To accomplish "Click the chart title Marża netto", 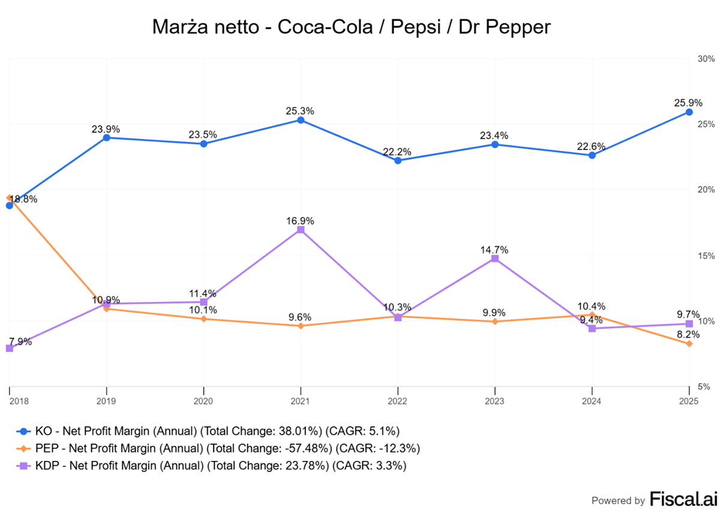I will tap(350, 26).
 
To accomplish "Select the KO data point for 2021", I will tap(301, 120).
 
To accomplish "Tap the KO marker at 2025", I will tap(689, 112).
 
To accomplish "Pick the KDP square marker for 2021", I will tap(301, 230).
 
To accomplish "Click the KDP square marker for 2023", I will tap(495, 259).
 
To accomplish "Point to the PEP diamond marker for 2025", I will tap(689, 344).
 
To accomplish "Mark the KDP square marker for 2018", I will tap(10, 348).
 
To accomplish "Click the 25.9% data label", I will tap(688, 103).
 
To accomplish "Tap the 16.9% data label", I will tap(300, 221).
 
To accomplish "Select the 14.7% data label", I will tap(494, 250).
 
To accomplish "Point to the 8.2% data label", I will tap(688, 334).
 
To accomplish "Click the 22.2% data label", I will tap(397, 151).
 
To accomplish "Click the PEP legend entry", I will tap(219, 448).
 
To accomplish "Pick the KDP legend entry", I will tap(212, 465).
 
